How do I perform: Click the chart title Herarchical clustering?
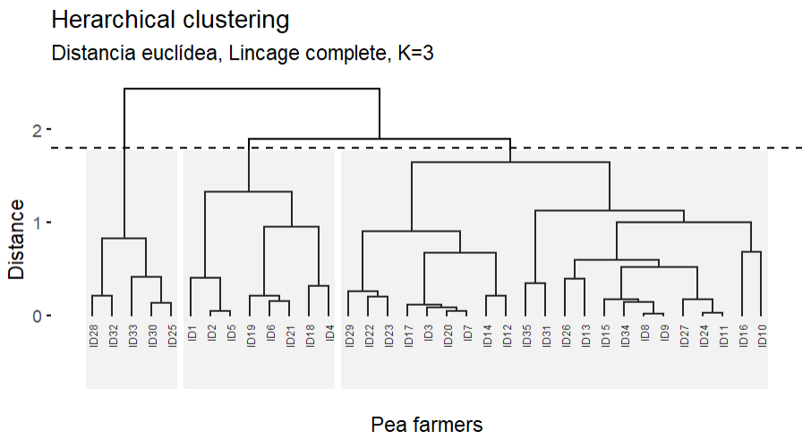pos(170,20)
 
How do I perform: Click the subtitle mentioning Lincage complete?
pos(243,54)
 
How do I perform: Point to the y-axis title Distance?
pos(17,239)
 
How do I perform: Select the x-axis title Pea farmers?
pos(427,425)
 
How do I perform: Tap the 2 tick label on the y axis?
pos(38,131)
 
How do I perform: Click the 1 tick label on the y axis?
pos(38,224)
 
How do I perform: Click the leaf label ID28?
pos(93,336)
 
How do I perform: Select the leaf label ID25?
pos(172,336)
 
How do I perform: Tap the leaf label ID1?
pos(192,333)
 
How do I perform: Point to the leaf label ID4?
pos(329,333)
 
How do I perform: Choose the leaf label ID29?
pos(349,336)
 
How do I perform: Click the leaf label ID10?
pos(763,336)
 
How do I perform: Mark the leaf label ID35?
pos(526,336)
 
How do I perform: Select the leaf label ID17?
pos(408,336)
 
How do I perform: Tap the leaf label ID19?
pos(251,336)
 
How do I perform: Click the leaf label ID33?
pos(132,336)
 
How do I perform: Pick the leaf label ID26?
pos(566,336)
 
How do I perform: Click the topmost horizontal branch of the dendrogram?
pos(252,89)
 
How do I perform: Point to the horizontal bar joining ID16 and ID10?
pos(751,252)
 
